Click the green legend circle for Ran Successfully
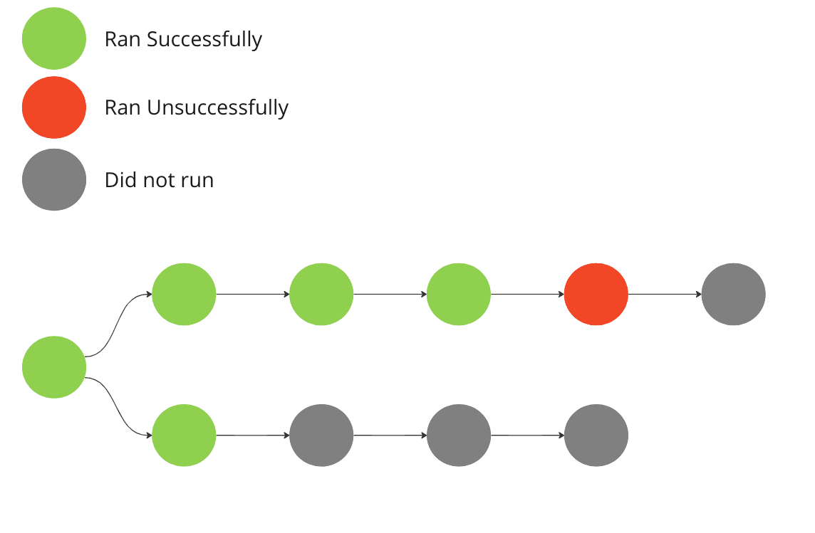coord(54,38)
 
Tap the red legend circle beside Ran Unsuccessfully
coord(54,107)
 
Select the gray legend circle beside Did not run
coord(54,179)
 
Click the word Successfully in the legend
coord(204,39)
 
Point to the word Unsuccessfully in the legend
coord(217,108)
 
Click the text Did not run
coord(159,180)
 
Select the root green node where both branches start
coord(54,367)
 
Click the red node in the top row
coord(596,294)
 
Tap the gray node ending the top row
coord(733,294)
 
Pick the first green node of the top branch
coord(184,294)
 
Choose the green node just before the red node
coord(459,294)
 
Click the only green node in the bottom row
coord(184,435)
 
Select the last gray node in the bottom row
coord(596,435)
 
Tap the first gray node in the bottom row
coord(321,435)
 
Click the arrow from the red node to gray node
coord(664,294)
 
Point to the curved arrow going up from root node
coord(118,324)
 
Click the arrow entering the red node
coord(527,294)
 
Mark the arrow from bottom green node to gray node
coord(252,435)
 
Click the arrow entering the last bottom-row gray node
coord(527,435)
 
